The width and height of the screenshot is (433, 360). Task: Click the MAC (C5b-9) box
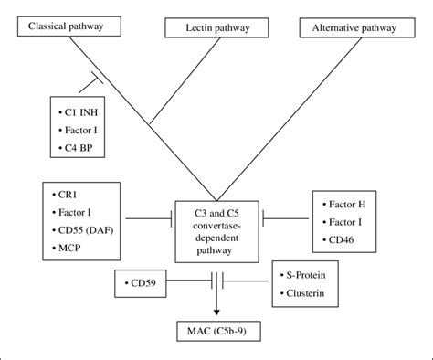click(216, 327)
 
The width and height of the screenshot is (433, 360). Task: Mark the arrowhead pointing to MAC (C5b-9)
click(216, 311)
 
